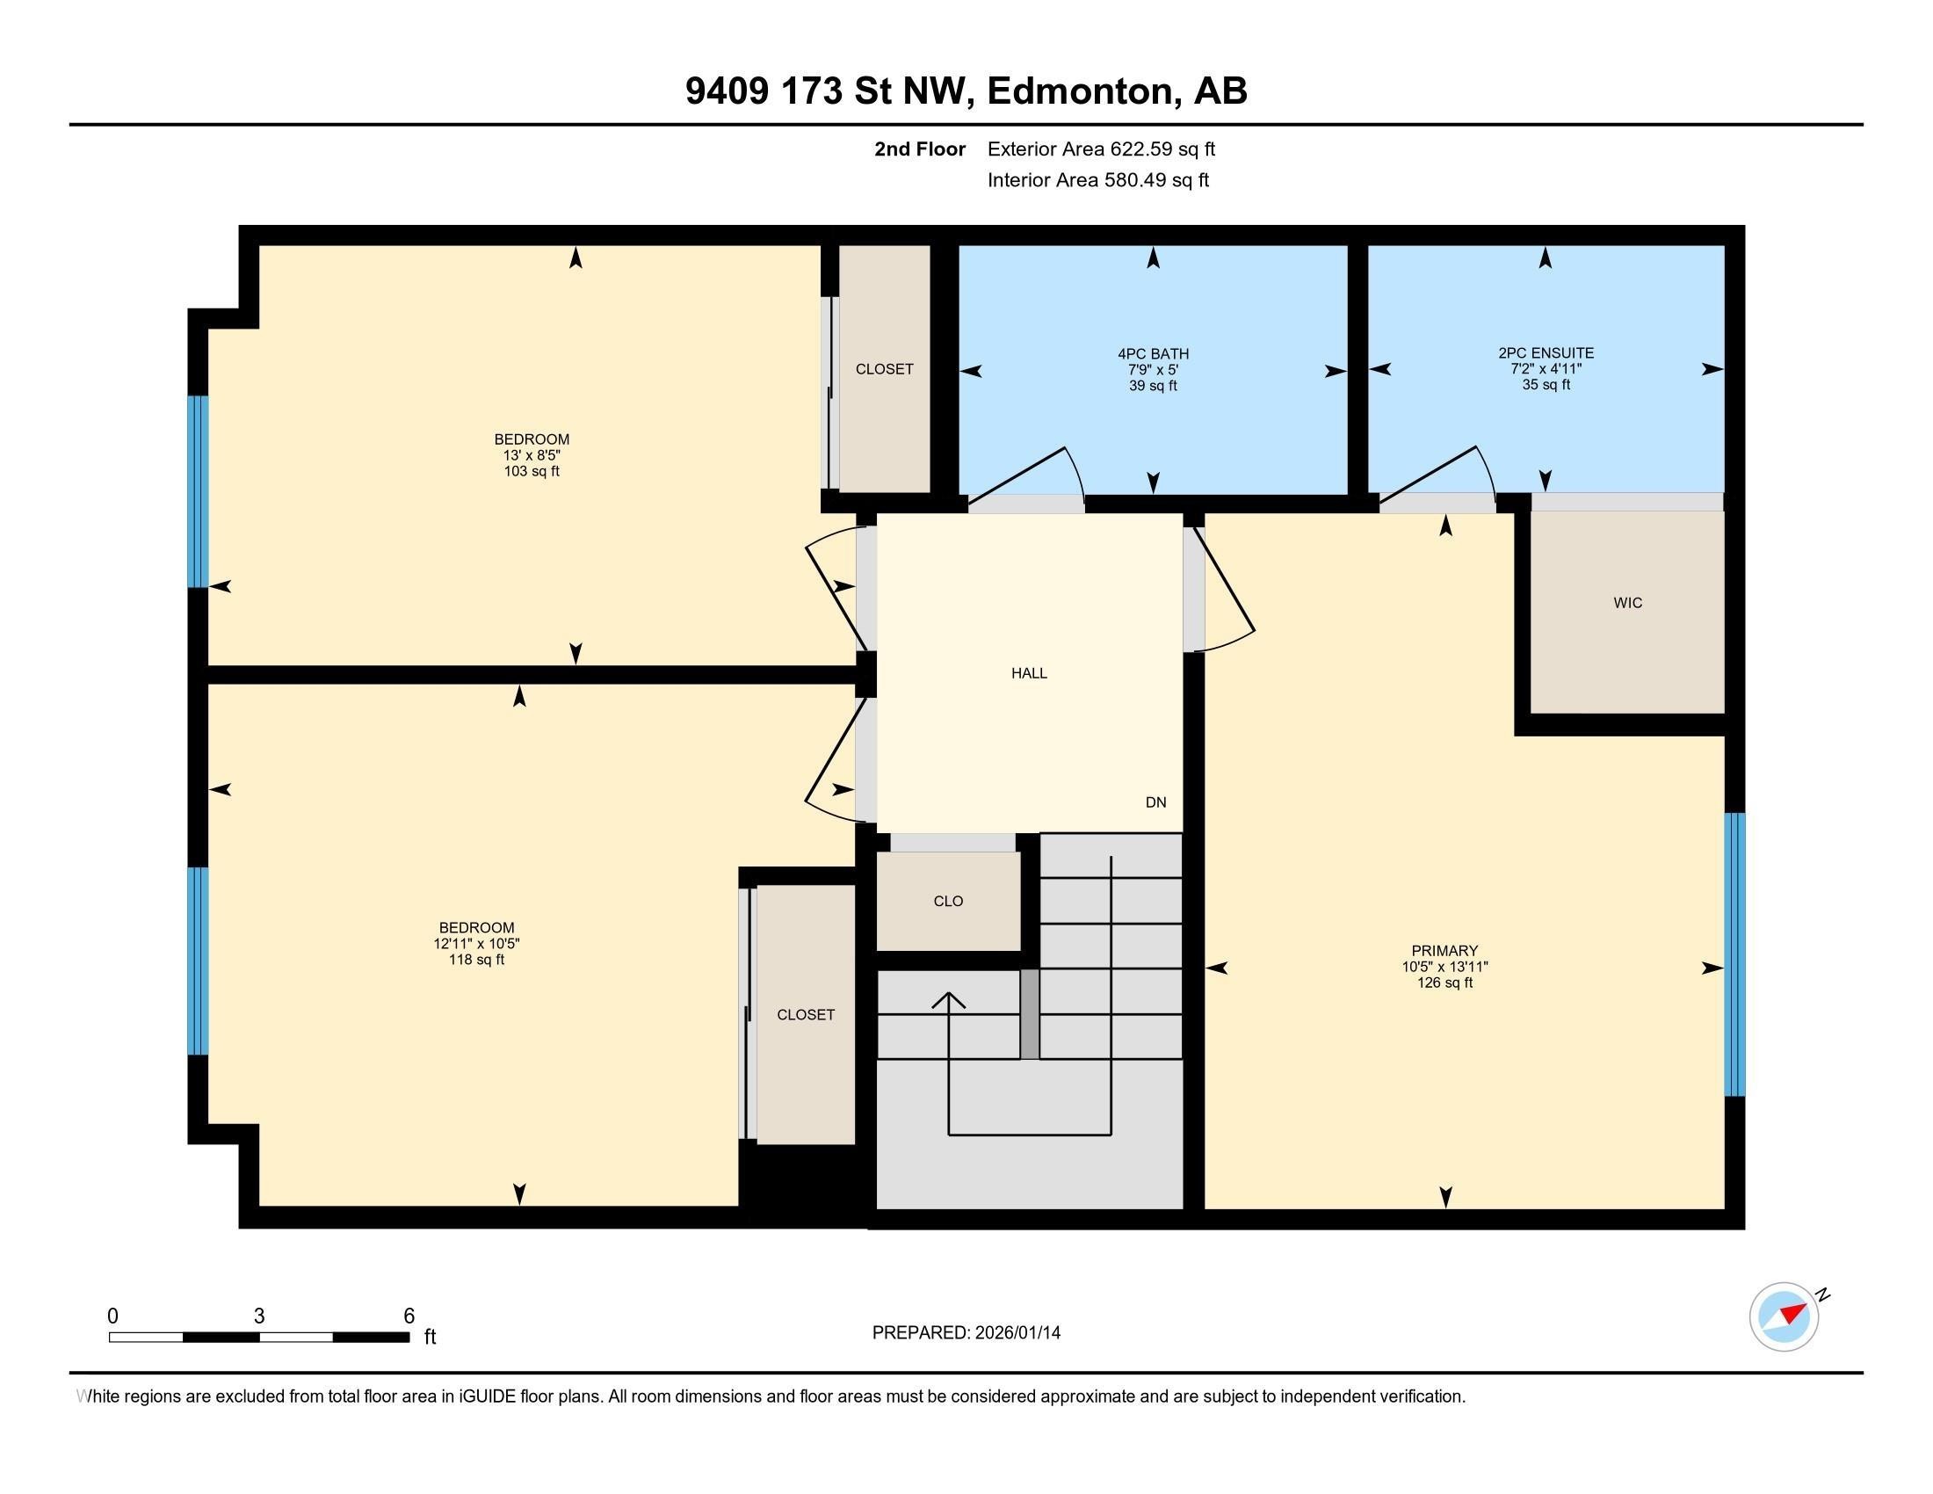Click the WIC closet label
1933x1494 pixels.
click(1626, 603)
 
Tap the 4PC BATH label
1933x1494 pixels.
click(1153, 354)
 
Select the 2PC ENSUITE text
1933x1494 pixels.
click(1546, 353)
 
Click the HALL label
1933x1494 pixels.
click(1029, 673)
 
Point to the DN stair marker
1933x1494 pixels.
click(1155, 802)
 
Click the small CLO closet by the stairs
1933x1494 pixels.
click(947, 901)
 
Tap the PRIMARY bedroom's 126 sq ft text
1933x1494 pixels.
click(1444, 983)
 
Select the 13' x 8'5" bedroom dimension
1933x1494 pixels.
click(531, 456)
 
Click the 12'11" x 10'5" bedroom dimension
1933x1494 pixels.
click(476, 945)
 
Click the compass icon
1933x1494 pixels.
click(1784, 1316)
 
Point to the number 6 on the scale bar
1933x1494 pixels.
click(408, 1316)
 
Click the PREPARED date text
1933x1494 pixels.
click(966, 1333)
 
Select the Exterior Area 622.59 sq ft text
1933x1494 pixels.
click(1101, 149)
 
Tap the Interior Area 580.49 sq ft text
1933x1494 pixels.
click(1097, 180)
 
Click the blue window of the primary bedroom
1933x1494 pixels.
click(1734, 954)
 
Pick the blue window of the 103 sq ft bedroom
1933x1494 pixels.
click(199, 491)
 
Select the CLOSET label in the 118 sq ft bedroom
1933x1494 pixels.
click(806, 1015)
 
